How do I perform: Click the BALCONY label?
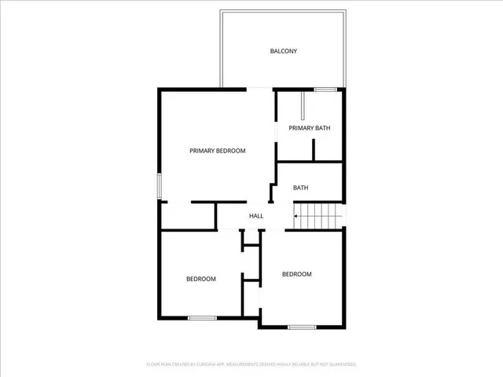pos(283,51)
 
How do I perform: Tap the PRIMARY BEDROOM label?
pos(218,151)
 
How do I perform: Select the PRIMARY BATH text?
pos(309,128)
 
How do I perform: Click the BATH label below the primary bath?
pos(300,188)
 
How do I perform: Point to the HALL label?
pos(256,216)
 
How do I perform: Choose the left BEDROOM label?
pos(201,279)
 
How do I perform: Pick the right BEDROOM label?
pos(297,274)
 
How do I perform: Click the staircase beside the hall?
pos(319,215)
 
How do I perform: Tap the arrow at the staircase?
pos(297,215)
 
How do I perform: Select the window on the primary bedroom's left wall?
pos(160,185)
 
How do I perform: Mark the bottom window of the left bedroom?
pos(202,317)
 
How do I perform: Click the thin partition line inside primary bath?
pos(303,106)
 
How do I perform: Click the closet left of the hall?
pos(188,216)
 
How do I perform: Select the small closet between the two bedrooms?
pos(251,264)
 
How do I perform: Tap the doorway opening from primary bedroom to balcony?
pos(261,90)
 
